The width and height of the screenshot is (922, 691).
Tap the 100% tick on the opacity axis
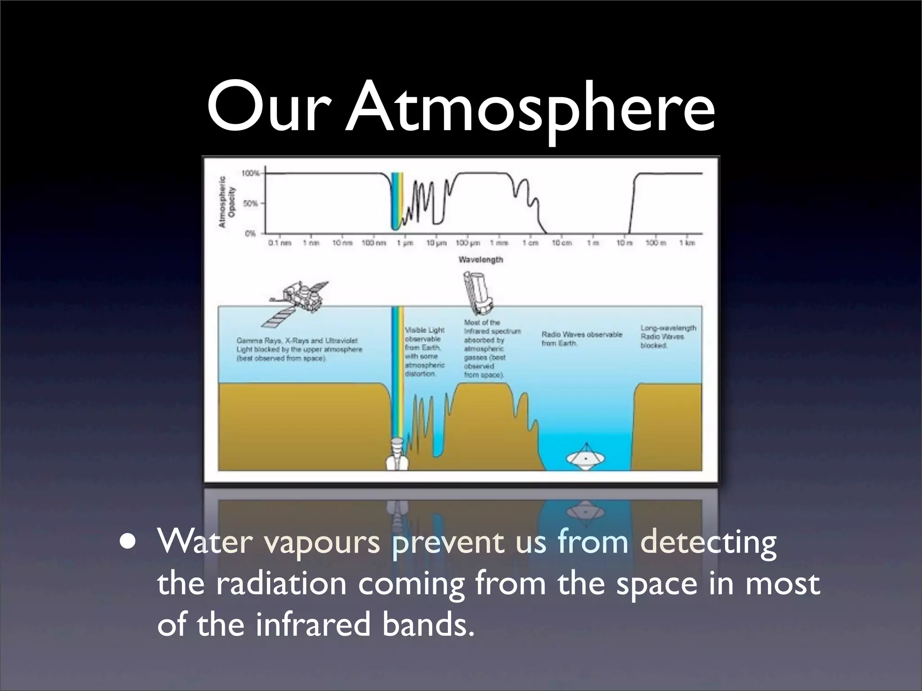point(251,173)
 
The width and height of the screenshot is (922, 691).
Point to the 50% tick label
point(251,203)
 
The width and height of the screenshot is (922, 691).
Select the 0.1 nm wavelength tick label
point(280,243)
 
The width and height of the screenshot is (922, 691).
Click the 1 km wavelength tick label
point(687,243)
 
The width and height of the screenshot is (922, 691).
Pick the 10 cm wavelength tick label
point(562,243)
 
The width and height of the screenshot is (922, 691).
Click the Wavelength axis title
point(481,260)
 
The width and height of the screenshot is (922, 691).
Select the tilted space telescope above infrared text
point(478,292)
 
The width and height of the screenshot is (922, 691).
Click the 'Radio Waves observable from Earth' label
point(581,339)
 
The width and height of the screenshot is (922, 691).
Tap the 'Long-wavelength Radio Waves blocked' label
point(668,337)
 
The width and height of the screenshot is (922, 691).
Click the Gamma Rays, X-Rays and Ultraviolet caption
point(299,350)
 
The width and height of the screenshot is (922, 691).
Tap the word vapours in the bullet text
point(322,542)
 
